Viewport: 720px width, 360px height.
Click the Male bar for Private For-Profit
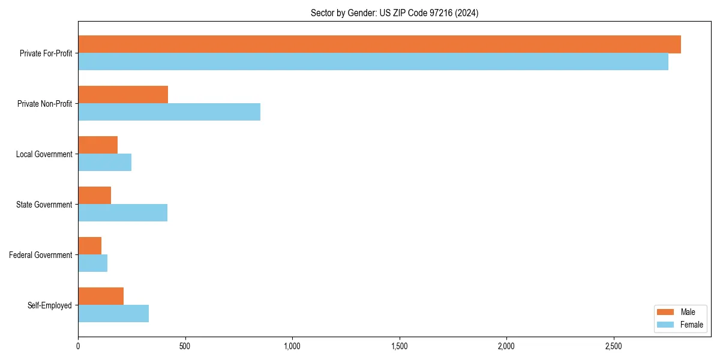click(x=379, y=44)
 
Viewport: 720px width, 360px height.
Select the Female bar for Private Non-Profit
click(x=169, y=112)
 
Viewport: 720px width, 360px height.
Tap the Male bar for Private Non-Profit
click(x=123, y=95)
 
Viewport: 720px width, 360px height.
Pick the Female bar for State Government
click(x=122, y=213)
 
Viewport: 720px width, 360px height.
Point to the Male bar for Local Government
click(x=98, y=145)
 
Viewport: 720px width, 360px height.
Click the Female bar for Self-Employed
click(x=113, y=314)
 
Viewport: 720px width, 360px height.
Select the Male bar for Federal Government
click(x=89, y=246)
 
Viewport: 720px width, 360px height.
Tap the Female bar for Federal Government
click(x=92, y=263)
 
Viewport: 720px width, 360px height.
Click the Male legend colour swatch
click(x=666, y=312)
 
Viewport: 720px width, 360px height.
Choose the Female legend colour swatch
click(x=666, y=325)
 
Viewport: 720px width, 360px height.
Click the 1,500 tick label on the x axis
click(x=399, y=346)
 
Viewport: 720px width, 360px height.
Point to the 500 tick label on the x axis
click(x=185, y=346)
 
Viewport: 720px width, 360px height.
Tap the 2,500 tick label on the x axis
click(x=613, y=346)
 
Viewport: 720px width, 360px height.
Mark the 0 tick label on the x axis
click(x=78, y=346)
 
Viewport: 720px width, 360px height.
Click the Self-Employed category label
click(x=50, y=305)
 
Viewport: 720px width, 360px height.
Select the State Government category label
click(x=44, y=205)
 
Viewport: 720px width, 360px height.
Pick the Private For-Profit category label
click(x=46, y=53)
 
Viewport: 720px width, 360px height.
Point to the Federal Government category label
click(x=41, y=255)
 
